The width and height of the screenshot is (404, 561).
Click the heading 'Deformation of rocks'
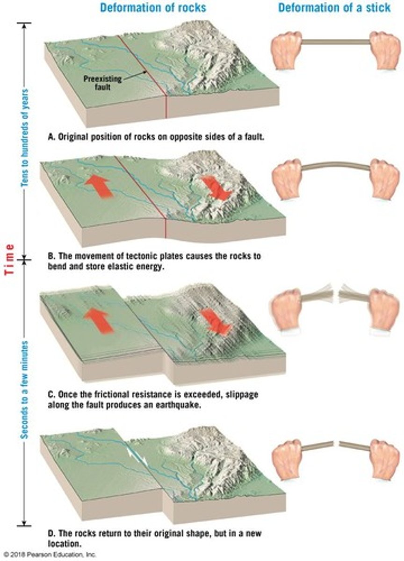[153, 7]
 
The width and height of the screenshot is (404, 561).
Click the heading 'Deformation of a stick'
[334, 7]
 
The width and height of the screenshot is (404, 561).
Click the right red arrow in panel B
[216, 187]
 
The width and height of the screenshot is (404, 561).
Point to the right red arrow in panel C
[216, 322]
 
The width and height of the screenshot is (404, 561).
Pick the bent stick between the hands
[336, 164]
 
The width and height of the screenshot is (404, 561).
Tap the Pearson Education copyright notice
[49, 554]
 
